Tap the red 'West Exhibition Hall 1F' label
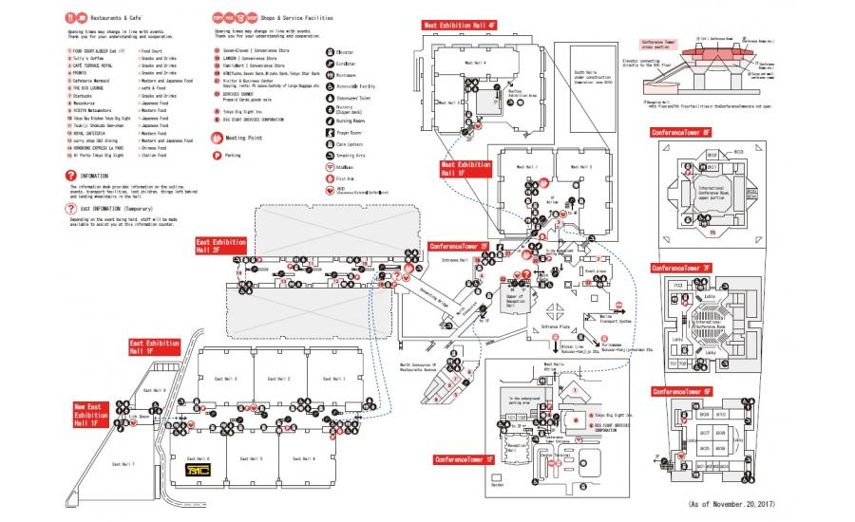pos(465,169)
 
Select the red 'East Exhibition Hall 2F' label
pos(208,247)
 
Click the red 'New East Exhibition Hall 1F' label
pos(91,415)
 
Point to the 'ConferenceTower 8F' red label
pos(681,133)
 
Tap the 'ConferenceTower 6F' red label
pos(681,391)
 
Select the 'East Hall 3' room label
pos(229,380)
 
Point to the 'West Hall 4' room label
pos(474,63)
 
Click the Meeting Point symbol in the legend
pos(218,137)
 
